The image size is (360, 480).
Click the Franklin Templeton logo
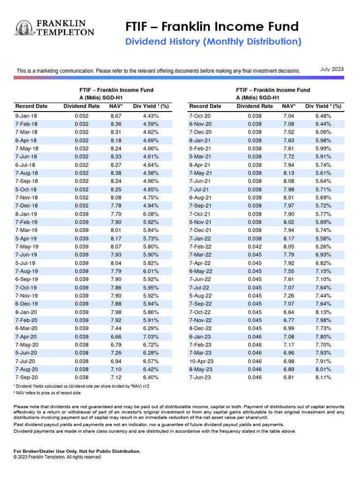tap(55, 28)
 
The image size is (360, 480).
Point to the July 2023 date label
tap(332, 69)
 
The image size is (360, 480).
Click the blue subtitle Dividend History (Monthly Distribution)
tap(213, 42)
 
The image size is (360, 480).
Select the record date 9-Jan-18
tap(26, 116)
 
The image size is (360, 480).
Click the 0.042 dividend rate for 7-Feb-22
tap(255, 247)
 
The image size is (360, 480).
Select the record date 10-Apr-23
tap(202, 361)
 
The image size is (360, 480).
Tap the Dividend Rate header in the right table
tap(255, 106)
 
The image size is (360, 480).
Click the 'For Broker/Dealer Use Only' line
tap(77, 451)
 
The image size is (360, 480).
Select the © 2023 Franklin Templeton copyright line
tap(58, 457)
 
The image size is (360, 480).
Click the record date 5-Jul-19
tap(25, 263)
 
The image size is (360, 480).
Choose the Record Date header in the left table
tap(31, 106)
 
